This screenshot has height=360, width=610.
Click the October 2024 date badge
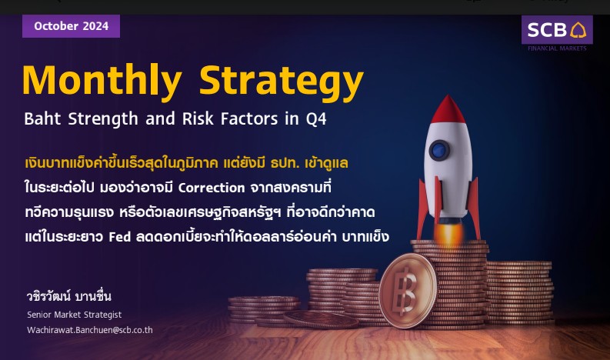[x=71, y=26]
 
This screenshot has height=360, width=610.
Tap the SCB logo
[x=557, y=29]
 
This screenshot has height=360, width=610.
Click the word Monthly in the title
[x=102, y=81]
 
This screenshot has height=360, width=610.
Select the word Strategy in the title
[x=282, y=81]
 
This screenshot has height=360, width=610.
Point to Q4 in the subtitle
[x=316, y=119]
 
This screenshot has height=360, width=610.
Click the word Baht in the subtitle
[x=42, y=118]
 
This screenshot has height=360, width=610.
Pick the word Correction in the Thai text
[x=212, y=188]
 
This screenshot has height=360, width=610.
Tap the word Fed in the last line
[x=119, y=237]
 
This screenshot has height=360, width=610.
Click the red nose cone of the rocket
[x=448, y=110]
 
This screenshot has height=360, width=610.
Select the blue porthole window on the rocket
[x=439, y=150]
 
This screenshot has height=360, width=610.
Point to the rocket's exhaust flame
[x=448, y=234]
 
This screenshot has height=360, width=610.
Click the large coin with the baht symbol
[x=408, y=290]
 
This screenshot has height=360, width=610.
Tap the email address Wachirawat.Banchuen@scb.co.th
[x=90, y=330]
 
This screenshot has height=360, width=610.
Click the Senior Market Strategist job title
[x=75, y=315]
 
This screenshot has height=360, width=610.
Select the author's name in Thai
[x=69, y=296]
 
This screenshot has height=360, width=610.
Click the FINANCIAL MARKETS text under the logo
[x=557, y=48]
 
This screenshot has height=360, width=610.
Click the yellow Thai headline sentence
[x=186, y=163]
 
